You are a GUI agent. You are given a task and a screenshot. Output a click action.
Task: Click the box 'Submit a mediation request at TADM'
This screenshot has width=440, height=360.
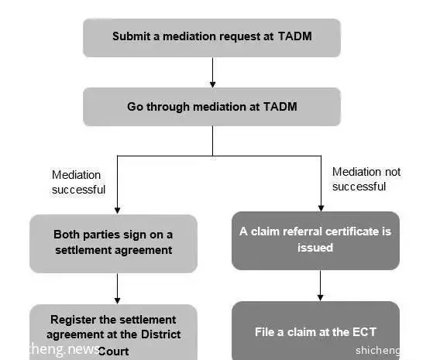click(211, 38)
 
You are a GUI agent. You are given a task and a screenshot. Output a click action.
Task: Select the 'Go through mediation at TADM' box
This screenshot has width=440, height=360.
click(211, 107)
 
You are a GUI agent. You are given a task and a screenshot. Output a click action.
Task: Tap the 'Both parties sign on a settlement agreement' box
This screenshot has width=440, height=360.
click(113, 244)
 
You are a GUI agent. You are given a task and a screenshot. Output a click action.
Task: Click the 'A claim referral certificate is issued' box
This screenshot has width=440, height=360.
click(316, 241)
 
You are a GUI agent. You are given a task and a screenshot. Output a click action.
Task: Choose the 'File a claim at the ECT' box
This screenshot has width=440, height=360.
click(316, 331)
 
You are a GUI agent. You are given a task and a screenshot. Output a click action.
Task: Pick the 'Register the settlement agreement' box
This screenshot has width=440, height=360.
click(113, 332)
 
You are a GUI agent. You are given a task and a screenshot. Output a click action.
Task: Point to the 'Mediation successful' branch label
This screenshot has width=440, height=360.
click(78, 182)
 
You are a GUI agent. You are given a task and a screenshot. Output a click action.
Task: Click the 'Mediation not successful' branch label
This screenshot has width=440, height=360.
click(366, 179)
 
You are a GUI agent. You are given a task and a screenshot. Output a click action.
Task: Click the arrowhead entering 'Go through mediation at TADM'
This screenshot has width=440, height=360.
click(213, 84)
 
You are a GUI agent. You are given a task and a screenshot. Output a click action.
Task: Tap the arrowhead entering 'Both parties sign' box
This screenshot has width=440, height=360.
click(118, 211)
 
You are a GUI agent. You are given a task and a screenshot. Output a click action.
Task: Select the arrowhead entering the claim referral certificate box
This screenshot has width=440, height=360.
click(321, 208)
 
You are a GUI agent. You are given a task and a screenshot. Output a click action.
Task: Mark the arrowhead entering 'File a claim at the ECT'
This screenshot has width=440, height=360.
click(320, 298)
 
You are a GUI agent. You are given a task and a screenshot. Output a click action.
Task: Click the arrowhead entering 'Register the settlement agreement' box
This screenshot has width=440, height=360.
click(118, 300)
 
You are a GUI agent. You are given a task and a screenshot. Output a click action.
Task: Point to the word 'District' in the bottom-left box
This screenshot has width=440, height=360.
click(161, 334)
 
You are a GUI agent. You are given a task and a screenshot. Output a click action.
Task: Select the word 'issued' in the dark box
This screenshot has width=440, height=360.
click(315, 248)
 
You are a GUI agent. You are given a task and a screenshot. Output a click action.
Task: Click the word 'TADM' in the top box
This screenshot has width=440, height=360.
click(295, 36)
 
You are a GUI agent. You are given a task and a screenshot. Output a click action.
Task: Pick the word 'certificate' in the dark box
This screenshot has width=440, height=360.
click(352, 231)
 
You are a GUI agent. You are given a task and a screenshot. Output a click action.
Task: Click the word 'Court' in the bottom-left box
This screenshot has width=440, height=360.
click(113, 351)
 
